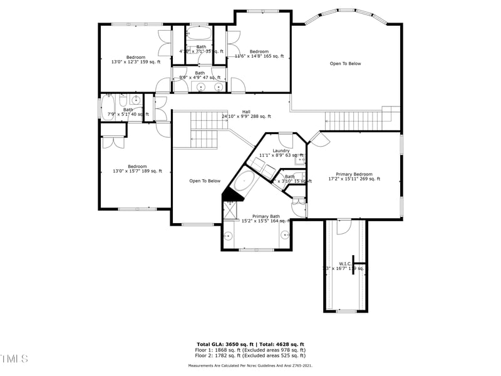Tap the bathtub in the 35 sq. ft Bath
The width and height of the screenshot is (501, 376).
coord(200,35)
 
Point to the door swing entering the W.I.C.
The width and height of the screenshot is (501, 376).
coord(344,227)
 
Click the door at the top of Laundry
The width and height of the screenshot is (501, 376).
coord(286,139)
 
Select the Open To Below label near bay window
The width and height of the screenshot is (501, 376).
coord(346,64)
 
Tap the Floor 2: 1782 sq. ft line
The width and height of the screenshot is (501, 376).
coord(250,355)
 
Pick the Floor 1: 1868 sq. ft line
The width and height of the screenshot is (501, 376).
coord(250,350)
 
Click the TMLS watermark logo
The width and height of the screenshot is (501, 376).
coord(14,358)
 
